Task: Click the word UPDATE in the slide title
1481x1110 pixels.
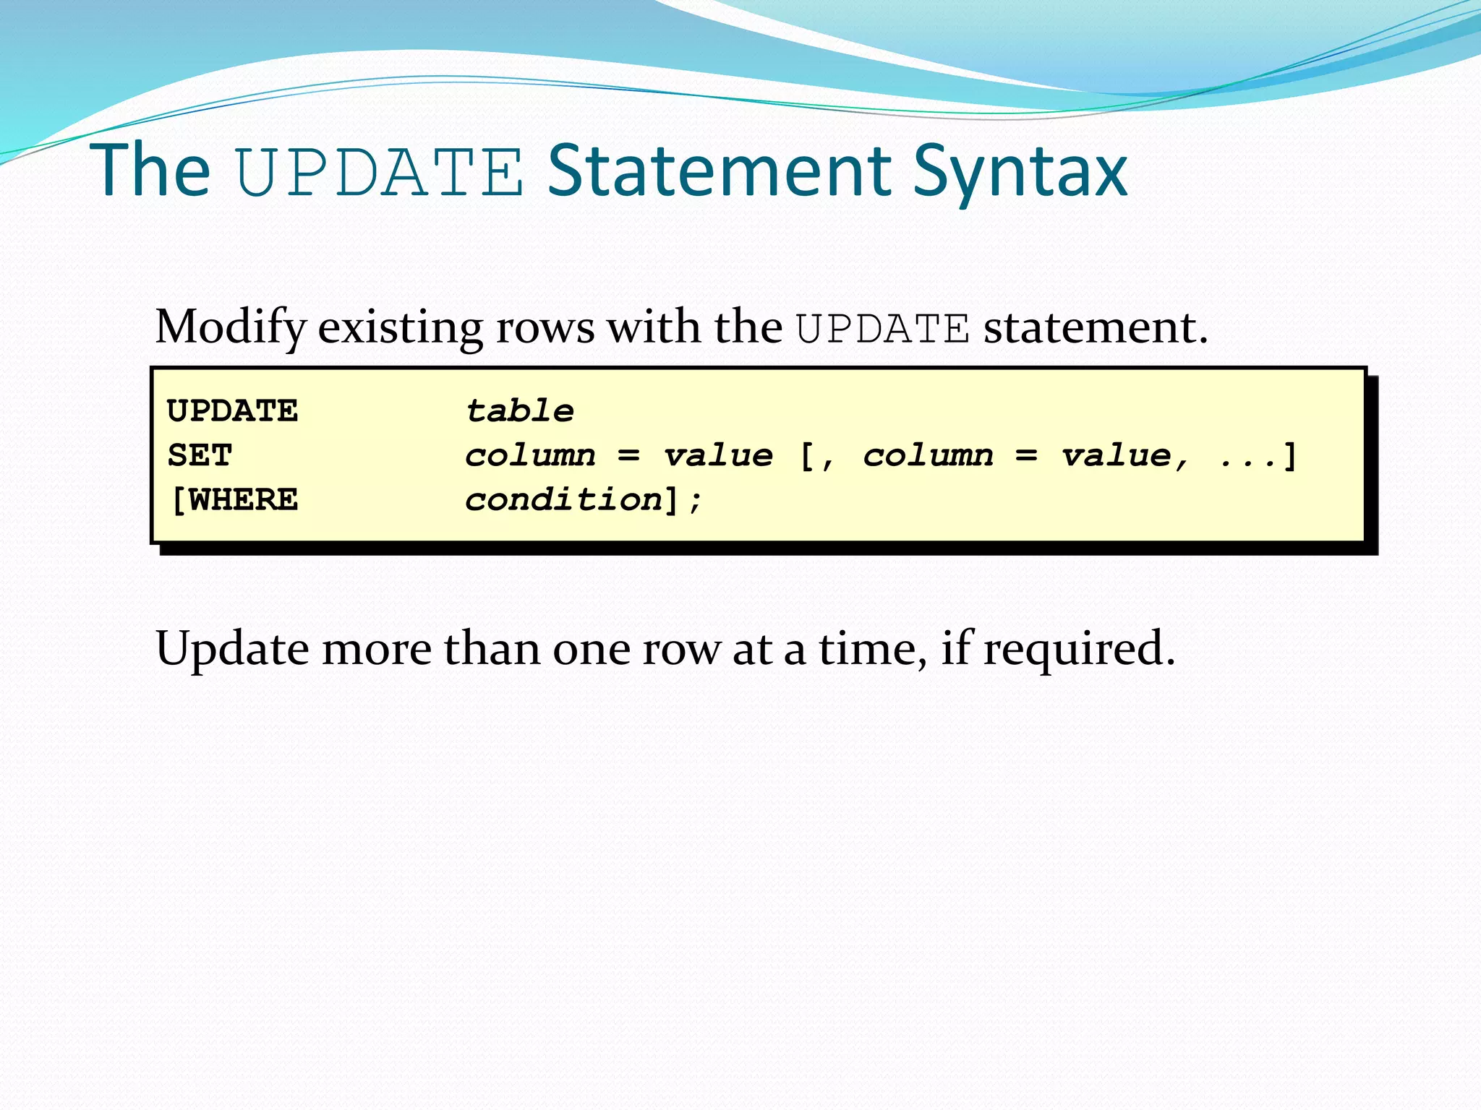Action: tap(380, 172)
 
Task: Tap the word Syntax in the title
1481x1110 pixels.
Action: tap(1020, 172)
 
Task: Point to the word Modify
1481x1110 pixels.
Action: tap(231, 328)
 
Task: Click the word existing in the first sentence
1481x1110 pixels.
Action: tap(400, 328)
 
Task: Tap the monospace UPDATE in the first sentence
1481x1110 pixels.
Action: tap(882, 330)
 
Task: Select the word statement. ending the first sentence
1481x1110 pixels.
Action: tap(1096, 328)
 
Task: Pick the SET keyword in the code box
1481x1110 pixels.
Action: tap(200, 456)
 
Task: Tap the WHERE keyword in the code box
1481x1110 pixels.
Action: tap(243, 500)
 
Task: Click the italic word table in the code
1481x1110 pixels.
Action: tap(519, 411)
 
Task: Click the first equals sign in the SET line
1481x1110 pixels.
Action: tap(628, 456)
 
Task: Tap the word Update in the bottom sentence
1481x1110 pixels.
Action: tap(232, 649)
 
